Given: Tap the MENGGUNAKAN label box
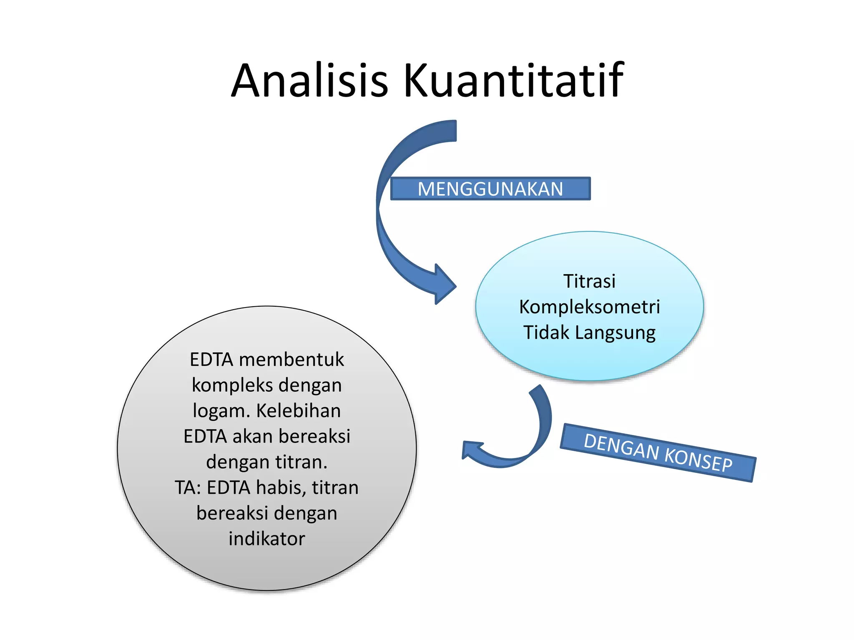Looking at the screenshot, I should click(x=490, y=189).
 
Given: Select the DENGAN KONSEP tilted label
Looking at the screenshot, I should click(x=658, y=452).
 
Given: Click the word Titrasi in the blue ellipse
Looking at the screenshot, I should click(x=589, y=281).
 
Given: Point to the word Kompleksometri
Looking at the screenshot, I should click(x=589, y=307).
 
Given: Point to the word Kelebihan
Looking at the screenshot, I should click(x=298, y=411).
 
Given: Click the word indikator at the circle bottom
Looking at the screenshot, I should click(x=267, y=539).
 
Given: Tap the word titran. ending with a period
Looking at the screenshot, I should click(x=301, y=462).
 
